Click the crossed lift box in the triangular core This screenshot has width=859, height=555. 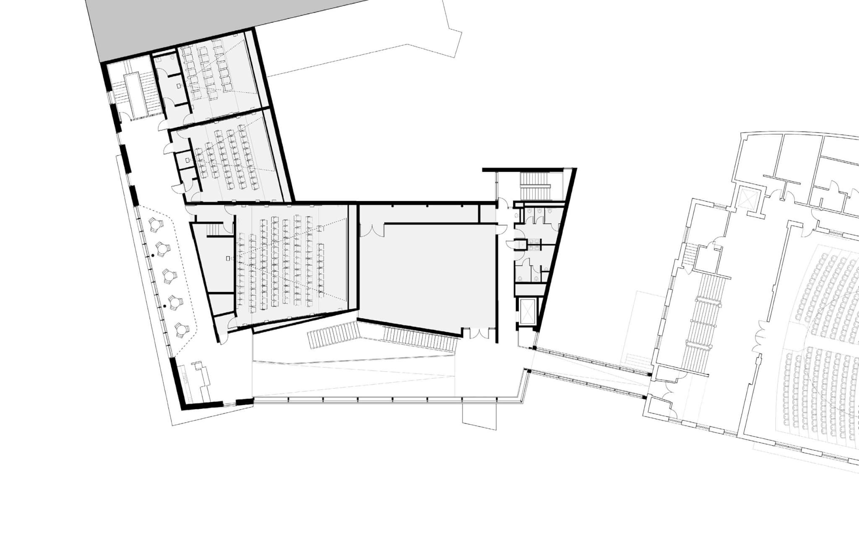(528, 312)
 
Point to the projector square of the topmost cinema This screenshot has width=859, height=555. (179, 85)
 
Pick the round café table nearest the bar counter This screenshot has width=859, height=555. (181, 329)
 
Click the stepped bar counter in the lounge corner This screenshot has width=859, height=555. (200, 379)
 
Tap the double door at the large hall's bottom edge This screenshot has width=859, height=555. (479, 333)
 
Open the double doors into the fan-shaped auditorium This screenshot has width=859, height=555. (760, 341)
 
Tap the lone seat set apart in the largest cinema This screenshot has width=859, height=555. (320, 228)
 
